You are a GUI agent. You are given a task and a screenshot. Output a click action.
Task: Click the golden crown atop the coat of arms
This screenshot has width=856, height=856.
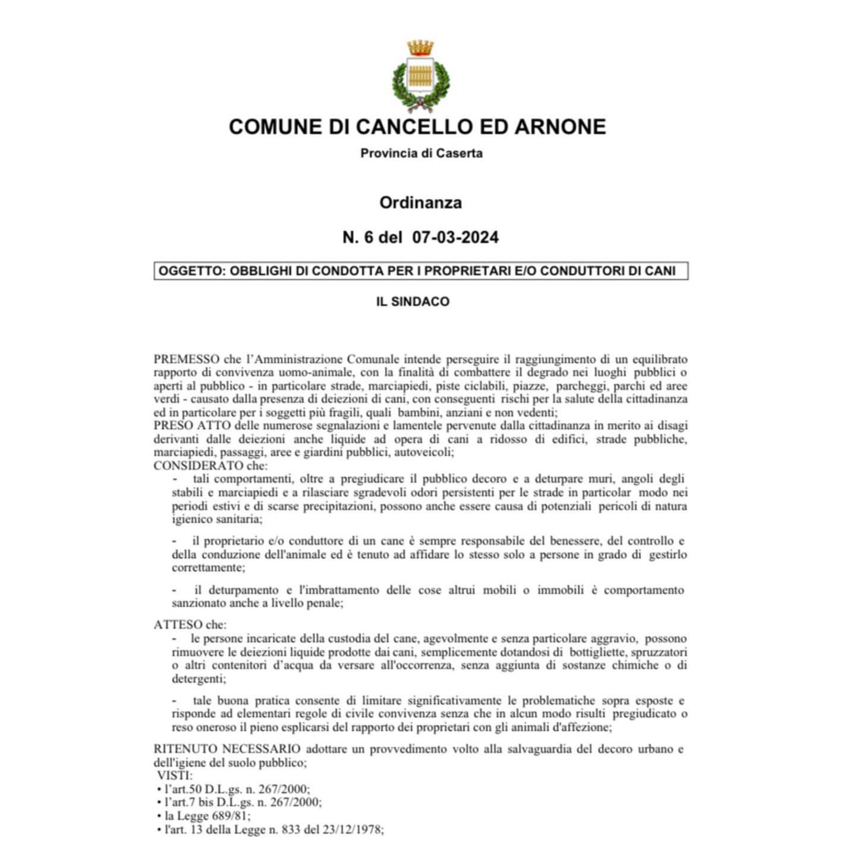tap(420, 48)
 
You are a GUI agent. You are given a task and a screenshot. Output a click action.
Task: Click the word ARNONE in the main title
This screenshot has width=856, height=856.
tap(560, 127)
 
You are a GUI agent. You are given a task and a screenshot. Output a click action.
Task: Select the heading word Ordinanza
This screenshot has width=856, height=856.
tap(421, 203)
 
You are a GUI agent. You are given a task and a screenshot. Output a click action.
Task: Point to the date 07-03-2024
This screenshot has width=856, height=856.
tap(455, 237)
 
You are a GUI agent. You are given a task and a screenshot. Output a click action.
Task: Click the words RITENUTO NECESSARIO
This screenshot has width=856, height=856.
tap(226, 749)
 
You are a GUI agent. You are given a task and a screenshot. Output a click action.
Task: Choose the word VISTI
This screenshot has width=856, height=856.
tap(175, 776)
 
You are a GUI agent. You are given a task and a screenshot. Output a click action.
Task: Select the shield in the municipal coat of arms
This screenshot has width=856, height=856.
tap(420, 77)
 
